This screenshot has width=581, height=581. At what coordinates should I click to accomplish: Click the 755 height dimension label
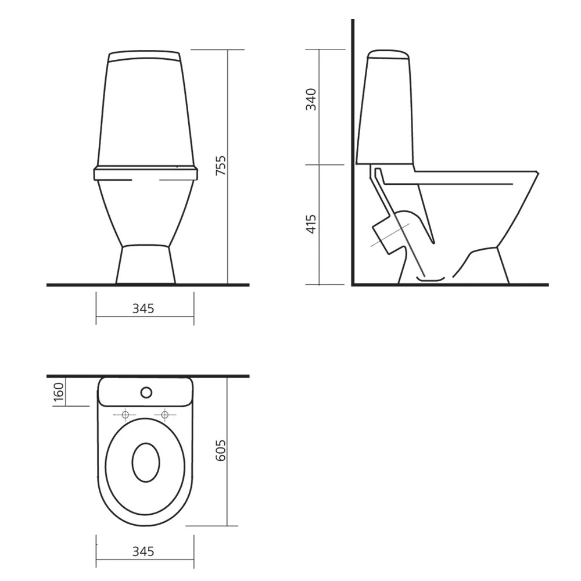pos(221,166)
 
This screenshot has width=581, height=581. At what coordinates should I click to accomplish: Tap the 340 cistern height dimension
pos(311,99)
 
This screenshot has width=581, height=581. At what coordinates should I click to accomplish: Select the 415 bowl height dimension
pos(311,224)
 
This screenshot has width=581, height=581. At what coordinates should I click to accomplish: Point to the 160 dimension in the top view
pos(59,392)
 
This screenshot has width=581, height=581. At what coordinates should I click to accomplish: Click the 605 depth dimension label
pos(221,451)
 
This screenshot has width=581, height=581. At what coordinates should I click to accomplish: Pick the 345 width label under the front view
pos(143,309)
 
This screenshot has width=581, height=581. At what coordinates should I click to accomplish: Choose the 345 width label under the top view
pos(143,552)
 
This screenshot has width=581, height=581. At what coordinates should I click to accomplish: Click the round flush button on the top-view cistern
pos(146,392)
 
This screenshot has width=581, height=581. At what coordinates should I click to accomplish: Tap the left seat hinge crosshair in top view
pos(125,415)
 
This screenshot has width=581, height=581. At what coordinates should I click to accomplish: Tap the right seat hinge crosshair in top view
pos(165,415)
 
